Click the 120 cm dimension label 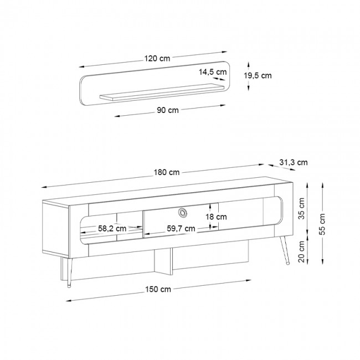(x=157, y=59)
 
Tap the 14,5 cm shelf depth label (x=213, y=72)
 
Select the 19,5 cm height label (x=258, y=75)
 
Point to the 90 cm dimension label (x=168, y=110)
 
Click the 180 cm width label (x=167, y=172)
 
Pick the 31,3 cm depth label (x=294, y=162)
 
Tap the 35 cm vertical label (x=301, y=208)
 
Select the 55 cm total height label (x=322, y=224)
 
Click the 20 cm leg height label (x=301, y=251)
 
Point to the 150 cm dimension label (x=158, y=289)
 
